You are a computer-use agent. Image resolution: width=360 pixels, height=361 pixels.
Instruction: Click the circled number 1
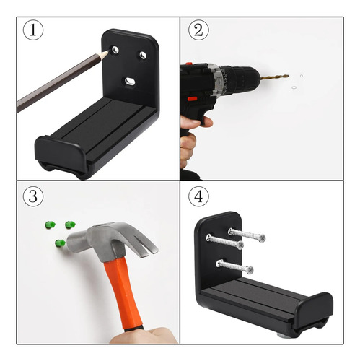[x=33, y=30]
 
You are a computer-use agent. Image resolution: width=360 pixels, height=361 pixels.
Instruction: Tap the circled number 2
[x=198, y=30]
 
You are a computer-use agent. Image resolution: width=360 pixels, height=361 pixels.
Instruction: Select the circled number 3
[x=33, y=196]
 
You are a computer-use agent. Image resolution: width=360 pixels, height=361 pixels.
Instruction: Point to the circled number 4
[x=198, y=196]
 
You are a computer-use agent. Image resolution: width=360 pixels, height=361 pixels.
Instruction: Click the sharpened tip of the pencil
[x=107, y=51]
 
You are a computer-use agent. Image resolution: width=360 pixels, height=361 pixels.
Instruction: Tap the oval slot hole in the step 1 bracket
[x=130, y=81]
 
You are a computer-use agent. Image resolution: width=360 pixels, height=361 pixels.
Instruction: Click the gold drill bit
[x=274, y=77]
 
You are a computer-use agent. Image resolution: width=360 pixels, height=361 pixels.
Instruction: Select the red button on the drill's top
[x=189, y=64]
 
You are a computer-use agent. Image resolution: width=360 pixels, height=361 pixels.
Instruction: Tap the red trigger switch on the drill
[x=192, y=98]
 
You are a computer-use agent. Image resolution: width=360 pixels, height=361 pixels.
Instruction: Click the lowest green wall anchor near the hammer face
[x=61, y=243]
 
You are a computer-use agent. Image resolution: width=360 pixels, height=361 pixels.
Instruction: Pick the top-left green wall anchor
[x=50, y=225]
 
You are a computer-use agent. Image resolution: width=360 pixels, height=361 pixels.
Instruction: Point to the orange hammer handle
[x=123, y=295]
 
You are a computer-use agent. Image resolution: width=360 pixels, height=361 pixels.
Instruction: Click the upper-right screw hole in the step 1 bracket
[x=143, y=55]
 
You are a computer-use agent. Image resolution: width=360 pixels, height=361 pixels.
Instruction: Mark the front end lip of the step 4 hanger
[x=314, y=310]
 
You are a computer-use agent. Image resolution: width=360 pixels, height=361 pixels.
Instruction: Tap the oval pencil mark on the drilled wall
[x=294, y=87]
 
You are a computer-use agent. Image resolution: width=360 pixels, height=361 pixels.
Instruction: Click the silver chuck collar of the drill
[x=216, y=79]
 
